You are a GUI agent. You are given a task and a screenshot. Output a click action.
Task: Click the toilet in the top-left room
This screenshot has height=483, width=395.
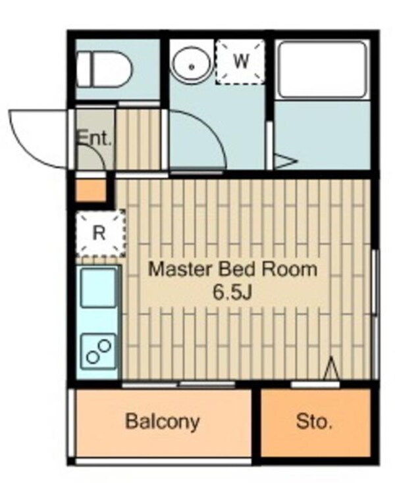click(x=104, y=70)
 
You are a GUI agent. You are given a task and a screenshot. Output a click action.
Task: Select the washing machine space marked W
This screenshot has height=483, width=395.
click(x=240, y=62)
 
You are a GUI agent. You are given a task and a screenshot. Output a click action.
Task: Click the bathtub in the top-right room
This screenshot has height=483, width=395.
click(x=323, y=70)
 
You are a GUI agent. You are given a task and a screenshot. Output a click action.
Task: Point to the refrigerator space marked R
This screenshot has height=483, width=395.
click(x=101, y=233)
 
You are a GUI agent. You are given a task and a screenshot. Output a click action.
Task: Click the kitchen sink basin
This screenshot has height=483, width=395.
click(x=99, y=288)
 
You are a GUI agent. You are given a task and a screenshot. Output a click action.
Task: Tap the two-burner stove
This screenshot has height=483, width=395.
click(x=99, y=351)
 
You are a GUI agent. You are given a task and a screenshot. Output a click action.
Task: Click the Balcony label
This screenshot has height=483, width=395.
click(x=163, y=422)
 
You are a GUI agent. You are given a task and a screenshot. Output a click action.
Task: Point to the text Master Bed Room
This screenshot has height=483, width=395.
click(x=233, y=269)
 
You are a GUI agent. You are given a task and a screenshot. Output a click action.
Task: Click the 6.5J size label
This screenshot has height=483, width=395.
click(x=233, y=293)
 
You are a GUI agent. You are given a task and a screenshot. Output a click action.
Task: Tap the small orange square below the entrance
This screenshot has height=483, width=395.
click(x=91, y=190)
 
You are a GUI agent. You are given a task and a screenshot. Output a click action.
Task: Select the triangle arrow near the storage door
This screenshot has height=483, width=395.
click(x=332, y=369)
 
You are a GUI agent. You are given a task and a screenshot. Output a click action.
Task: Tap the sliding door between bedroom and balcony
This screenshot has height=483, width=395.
click(x=178, y=384)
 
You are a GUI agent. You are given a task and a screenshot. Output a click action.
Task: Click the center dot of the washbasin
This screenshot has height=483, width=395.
click(x=192, y=66)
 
